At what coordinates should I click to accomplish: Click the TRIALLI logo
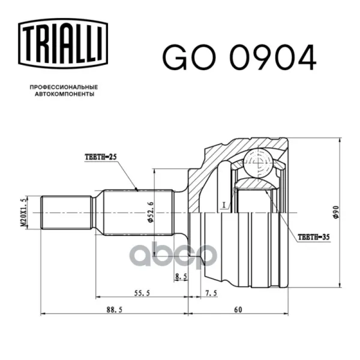point(63,44)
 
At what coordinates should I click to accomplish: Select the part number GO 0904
point(239,58)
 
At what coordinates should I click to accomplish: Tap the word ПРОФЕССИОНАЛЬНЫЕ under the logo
point(64,87)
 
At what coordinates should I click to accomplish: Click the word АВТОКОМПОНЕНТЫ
point(65,94)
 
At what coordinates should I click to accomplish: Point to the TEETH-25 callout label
point(101,157)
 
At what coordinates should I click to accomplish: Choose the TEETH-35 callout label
point(314,237)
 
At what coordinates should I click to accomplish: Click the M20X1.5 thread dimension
point(24,213)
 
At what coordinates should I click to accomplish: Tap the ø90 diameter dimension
point(336,212)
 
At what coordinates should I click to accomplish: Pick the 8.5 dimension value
point(181,277)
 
